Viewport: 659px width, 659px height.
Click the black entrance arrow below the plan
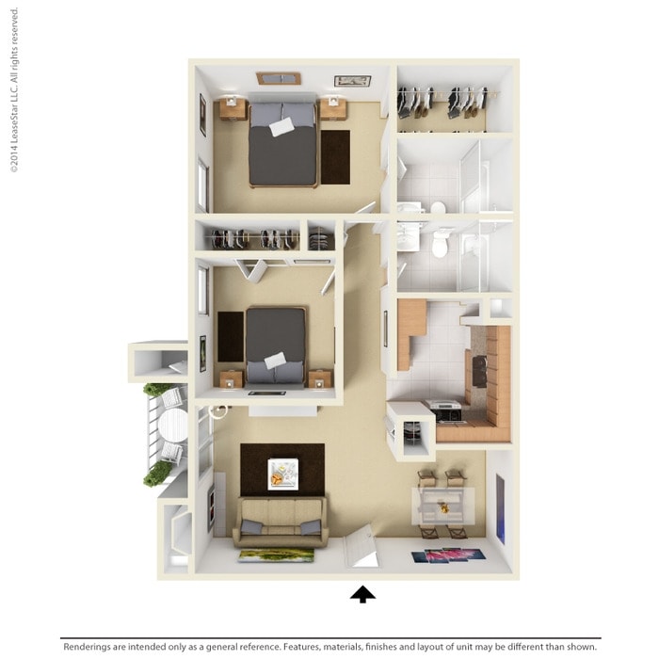point(362,595)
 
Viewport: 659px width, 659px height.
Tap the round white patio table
point(173,425)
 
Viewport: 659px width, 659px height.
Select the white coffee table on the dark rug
point(283,474)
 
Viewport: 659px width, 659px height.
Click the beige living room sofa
point(281,522)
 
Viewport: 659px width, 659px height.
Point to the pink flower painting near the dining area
point(449,555)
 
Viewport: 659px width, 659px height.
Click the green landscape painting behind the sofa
point(277,555)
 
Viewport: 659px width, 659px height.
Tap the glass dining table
point(443,506)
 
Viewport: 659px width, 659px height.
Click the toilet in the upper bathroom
point(438,207)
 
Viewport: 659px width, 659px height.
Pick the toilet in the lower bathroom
point(440,244)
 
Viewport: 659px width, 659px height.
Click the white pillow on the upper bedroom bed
point(281,126)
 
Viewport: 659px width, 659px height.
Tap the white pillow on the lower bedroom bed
point(275,361)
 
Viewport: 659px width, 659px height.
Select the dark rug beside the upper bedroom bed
point(335,157)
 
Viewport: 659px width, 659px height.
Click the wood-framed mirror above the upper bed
point(279,78)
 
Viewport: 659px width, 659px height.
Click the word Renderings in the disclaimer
point(87,647)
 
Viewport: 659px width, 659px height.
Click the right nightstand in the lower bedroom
point(320,378)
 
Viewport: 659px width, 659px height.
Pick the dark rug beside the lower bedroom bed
point(231,337)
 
